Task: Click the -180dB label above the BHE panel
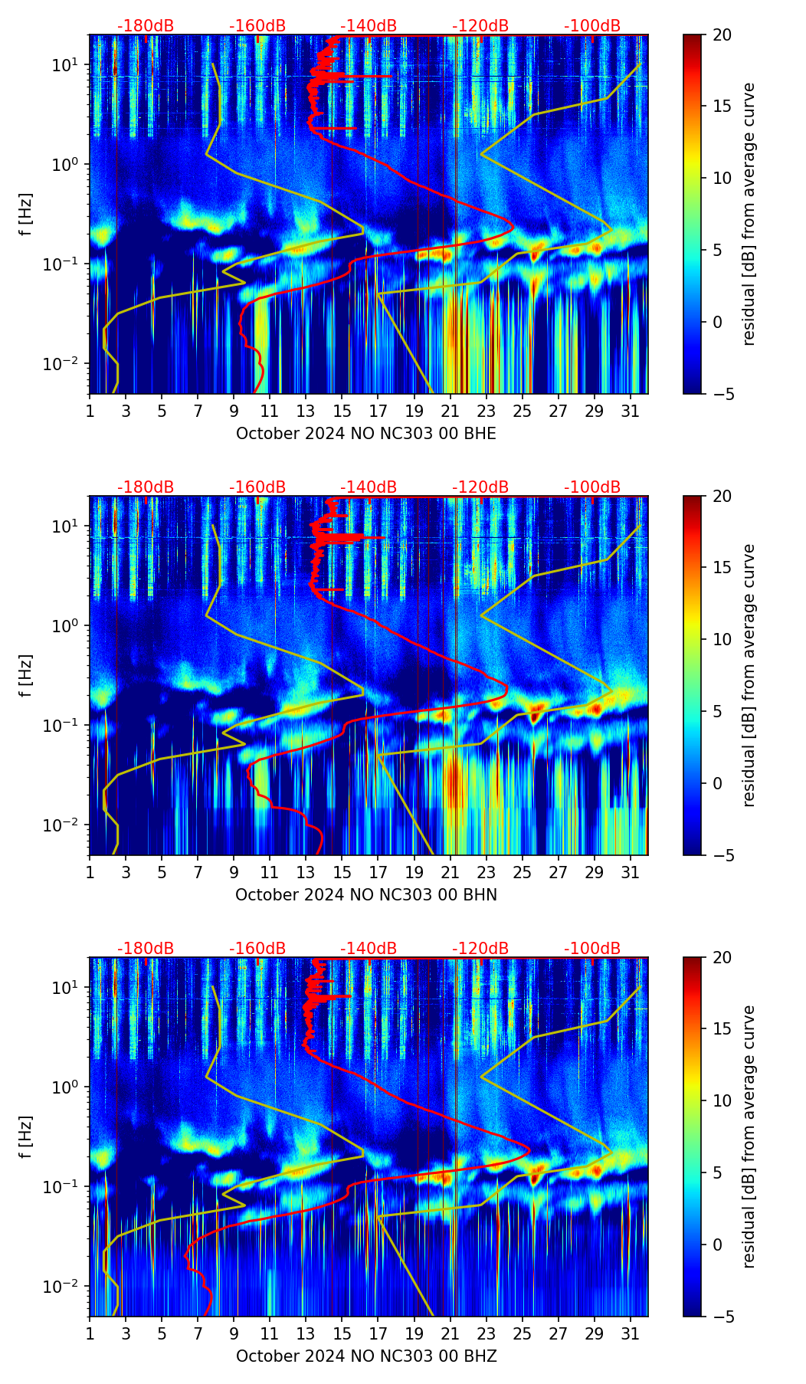(146, 26)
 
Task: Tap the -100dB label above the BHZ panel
(592, 949)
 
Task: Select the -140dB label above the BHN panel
(369, 487)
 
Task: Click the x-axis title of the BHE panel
(365, 434)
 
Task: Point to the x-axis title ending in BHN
(365, 895)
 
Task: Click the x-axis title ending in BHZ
(365, 1356)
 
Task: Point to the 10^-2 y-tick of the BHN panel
(63, 825)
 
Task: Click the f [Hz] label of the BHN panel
(26, 675)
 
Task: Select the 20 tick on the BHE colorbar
(722, 34)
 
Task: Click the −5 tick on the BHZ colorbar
(722, 1317)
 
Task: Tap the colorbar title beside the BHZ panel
(749, 1136)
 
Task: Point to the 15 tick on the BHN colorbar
(722, 568)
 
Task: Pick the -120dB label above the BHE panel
(480, 26)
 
